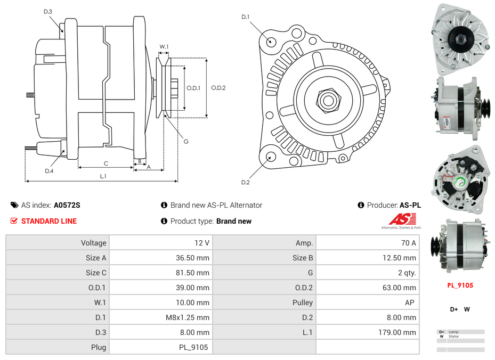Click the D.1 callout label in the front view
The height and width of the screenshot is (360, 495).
pos(245,17)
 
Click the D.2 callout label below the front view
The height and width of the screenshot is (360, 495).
pos(245,182)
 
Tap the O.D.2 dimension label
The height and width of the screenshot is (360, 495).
pos(218,88)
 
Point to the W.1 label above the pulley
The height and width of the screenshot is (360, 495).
pos(164,47)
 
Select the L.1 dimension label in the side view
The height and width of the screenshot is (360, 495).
pos(103,176)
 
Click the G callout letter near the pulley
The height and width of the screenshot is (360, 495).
pos(186,142)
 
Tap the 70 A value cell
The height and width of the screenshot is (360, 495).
pos(367,243)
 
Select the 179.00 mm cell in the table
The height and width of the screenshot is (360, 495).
pos(367,332)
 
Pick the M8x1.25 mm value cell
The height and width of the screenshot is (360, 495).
pos(160,317)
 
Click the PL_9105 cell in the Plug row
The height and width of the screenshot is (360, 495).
pos(160,347)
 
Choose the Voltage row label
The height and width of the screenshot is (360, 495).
pos(58,243)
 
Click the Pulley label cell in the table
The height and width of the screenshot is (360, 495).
pos(264,302)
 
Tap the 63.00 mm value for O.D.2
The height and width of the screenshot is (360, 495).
pos(367,288)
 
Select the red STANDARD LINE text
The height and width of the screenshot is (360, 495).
pos(48,221)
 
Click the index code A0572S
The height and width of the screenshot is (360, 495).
pos(67,205)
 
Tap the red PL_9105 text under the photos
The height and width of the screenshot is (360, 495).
pos(460,285)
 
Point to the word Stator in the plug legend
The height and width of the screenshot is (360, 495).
pos(453,337)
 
